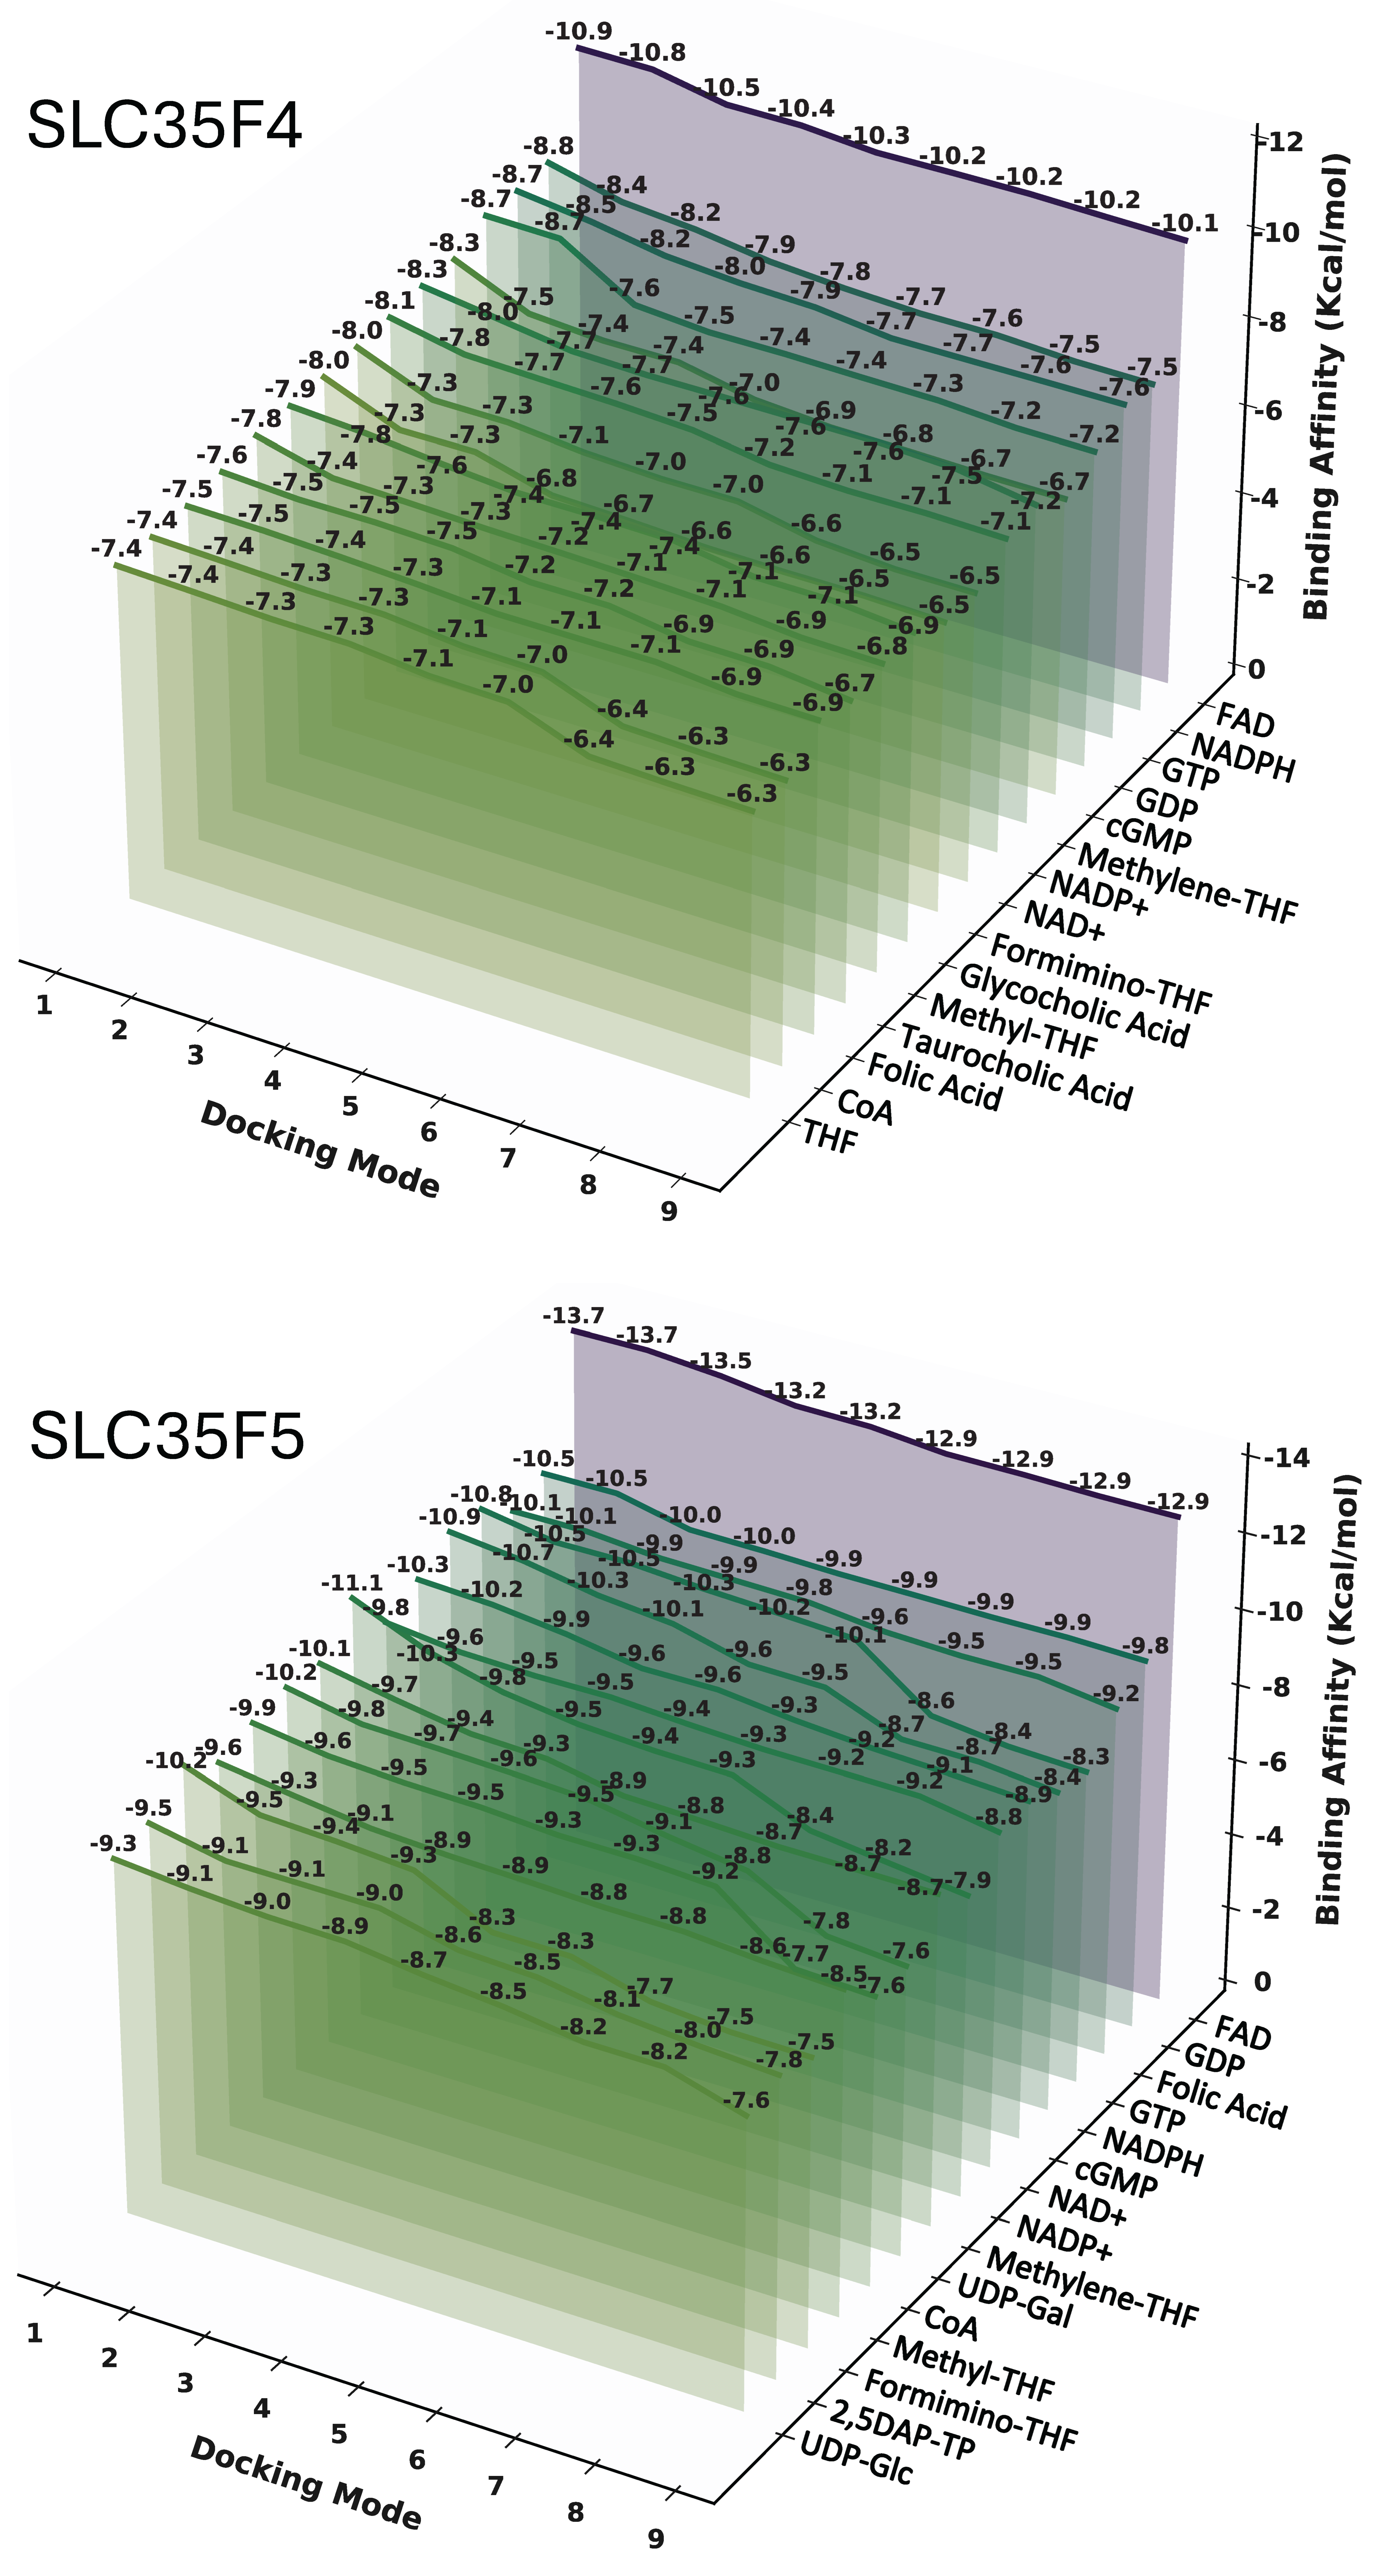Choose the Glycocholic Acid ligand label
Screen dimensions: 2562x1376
[x=1074, y=1007]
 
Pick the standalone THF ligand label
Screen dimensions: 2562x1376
[x=829, y=1137]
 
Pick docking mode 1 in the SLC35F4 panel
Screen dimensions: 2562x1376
[x=44, y=1005]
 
